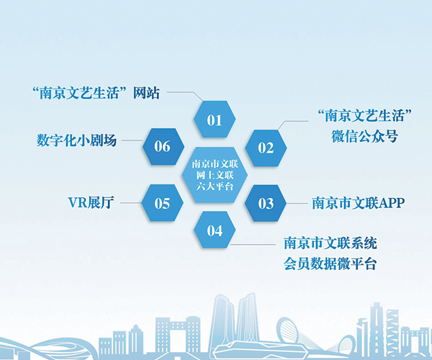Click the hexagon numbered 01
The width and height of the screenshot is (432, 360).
(215, 120)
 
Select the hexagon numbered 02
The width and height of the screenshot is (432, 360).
(266, 148)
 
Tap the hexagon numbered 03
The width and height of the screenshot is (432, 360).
(266, 203)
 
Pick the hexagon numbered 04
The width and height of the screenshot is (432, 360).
(215, 230)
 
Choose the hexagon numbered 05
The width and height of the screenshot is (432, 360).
(162, 203)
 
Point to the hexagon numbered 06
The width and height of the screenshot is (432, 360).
(163, 147)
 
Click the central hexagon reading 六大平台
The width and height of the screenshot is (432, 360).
(215, 175)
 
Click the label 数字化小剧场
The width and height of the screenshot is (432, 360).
(76, 140)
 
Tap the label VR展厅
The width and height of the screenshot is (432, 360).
(91, 203)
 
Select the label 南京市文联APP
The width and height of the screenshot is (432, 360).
(358, 203)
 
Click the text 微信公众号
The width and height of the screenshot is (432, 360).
(364, 136)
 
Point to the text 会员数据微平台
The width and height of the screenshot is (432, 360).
(330, 264)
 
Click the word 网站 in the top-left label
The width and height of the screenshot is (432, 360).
(146, 93)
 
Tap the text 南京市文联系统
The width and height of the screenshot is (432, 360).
(330, 243)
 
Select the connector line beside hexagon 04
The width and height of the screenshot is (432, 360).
(253, 244)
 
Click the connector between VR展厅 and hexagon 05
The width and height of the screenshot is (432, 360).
(131, 203)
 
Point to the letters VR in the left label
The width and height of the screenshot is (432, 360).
(78, 203)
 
